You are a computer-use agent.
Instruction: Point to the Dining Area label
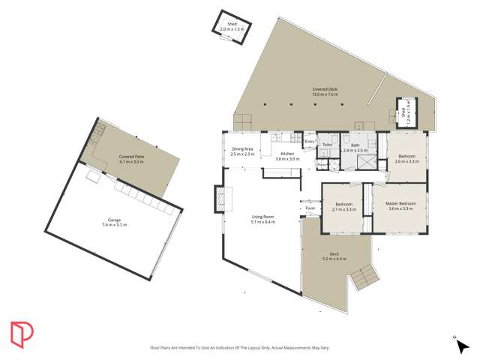pos(242,148)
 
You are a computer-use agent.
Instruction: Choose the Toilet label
pos(327,145)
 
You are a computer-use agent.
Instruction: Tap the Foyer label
pos(310,208)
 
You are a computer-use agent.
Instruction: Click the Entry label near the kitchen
pos(309,141)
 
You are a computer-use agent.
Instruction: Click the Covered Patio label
pos(131,156)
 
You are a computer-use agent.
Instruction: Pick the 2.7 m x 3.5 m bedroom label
pos(344,206)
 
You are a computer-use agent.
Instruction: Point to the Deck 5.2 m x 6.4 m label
pos(325,256)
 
